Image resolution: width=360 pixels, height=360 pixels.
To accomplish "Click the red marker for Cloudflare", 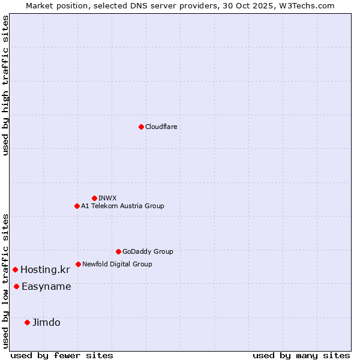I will [141, 127].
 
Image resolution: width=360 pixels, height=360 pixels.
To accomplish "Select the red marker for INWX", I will [94, 198].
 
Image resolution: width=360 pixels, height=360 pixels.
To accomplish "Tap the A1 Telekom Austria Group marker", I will [77, 206].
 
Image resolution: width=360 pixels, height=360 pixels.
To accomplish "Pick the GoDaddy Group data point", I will [118, 251].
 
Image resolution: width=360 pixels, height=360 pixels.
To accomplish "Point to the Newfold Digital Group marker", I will [78, 264].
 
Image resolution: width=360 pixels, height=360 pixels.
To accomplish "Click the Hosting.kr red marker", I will [15, 269].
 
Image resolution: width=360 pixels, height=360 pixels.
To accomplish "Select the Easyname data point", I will [16, 286].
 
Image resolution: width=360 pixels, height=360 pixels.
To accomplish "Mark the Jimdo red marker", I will [27, 322].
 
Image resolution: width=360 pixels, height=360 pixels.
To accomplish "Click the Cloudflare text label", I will [161, 127].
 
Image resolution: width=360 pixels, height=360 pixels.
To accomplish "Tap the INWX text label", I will [107, 198].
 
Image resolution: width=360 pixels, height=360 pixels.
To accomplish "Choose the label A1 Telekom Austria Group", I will [122, 206].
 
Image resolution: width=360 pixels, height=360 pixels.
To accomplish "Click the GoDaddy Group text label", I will [148, 251].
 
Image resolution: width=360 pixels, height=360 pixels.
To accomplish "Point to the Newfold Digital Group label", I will [117, 264].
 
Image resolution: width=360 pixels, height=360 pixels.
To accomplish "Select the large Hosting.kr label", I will [45, 269].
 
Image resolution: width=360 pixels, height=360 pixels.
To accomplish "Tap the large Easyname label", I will [46, 286].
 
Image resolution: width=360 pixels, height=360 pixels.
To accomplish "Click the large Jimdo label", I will [46, 322].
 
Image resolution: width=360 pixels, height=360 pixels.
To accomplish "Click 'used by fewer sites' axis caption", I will [62, 355].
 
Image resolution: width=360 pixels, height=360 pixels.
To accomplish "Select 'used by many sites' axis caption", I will [301, 355].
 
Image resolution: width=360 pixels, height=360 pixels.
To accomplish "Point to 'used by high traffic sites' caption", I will [5, 85].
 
